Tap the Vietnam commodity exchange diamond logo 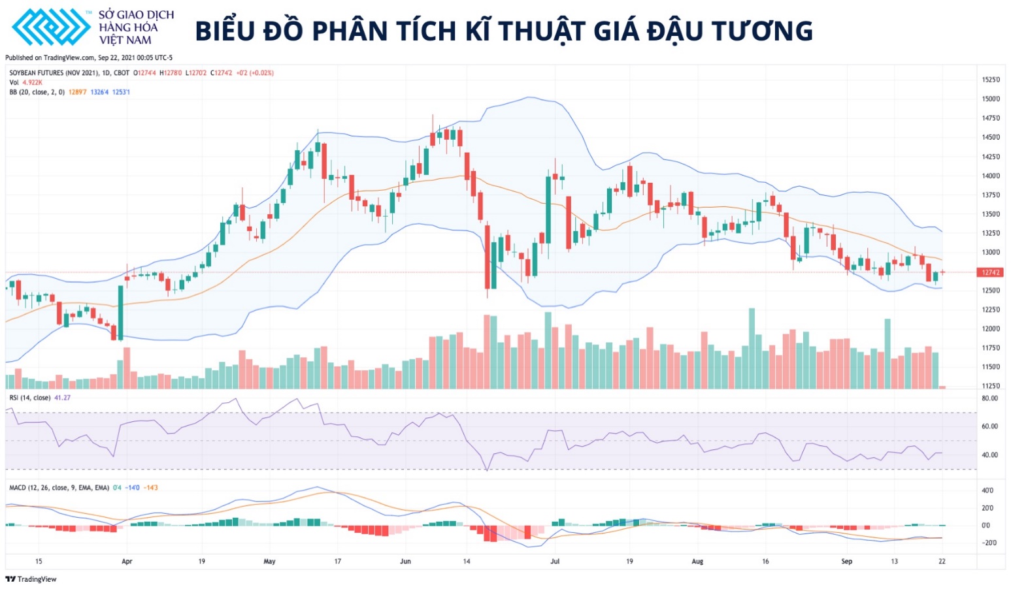click(x=50, y=27)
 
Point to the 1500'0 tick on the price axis click(x=991, y=99)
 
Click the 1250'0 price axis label click(x=991, y=291)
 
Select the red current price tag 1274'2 click(x=989, y=272)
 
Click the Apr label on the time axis click(x=127, y=562)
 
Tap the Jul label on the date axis click(x=555, y=562)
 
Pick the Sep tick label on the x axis click(x=846, y=562)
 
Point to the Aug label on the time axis click(x=697, y=562)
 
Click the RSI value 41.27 click(x=62, y=398)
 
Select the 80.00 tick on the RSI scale click(x=989, y=398)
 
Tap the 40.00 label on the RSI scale click(x=989, y=455)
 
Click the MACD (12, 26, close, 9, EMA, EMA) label click(x=59, y=488)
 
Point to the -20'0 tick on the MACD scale click(x=989, y=543)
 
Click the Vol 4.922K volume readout click(x=25, y=82)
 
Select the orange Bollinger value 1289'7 click(x=77, y=92)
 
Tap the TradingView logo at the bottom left click(x=31, y=579)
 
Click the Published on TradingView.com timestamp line click(x=89, y=57)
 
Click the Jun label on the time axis click(x=405, y=562)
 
